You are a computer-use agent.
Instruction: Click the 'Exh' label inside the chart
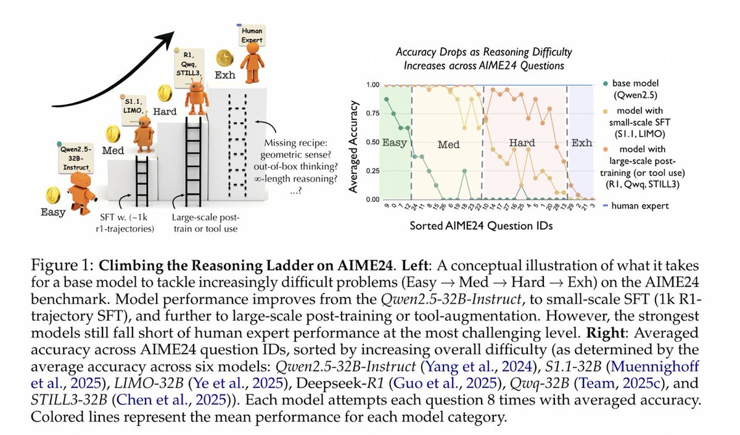coord(580,143)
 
